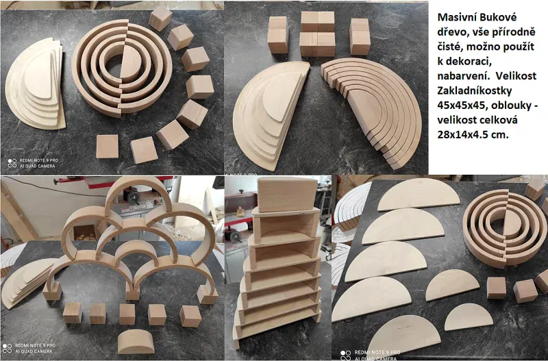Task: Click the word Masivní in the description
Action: pyautogui.click(x=456, y=17)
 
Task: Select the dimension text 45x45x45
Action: pyautogui.click(x=458, y=105)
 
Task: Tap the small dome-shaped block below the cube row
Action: pyautogui.click(x=136, y=341)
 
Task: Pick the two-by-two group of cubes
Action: pyautogui.click(x=317, y=34)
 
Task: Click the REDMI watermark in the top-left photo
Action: pyautogui.click(x=32, y=163)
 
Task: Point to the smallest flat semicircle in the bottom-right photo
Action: pyautogui.click(x=469, y=317)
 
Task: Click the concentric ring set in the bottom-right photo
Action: pyautogui.click(x=505, y=228)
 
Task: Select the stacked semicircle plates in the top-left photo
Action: pyautogui.click(x=35, y=84)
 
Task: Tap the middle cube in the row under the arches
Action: pyautogui.click(x=127, y=314)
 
